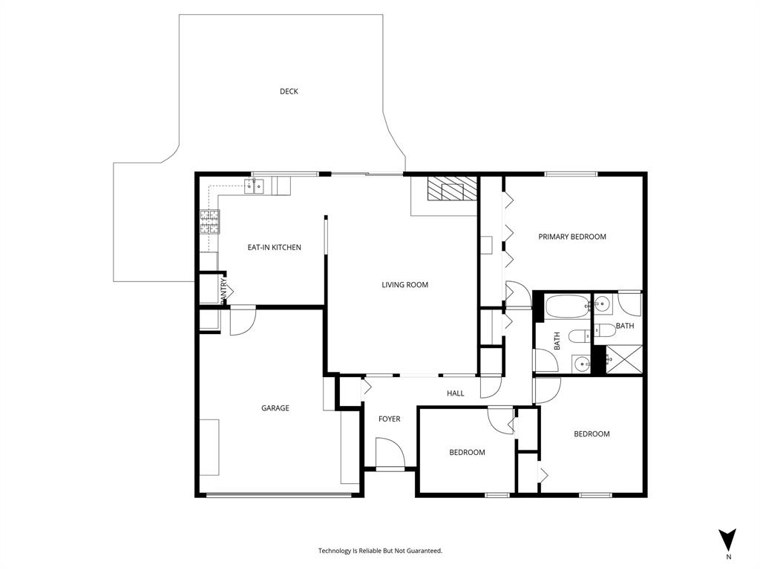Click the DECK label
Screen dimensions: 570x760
[x=289, y=91]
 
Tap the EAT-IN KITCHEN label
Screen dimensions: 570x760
[x=274, y=247]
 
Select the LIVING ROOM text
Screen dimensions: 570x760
[x=404, y=285]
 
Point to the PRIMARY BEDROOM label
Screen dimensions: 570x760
[x=571, y=237]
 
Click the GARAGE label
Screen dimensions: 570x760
[x=275, y=408]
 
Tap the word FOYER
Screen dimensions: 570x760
[x=389, y=419]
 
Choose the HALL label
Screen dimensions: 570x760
[x=455, y=393]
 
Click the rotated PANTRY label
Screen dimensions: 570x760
[x=223, y=289]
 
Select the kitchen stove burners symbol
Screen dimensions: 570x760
[x=209, y=222]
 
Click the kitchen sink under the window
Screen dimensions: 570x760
[x=255, y=186]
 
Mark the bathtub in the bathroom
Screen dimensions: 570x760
[x=566, y=307]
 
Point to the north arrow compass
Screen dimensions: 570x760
[x=728, y=540]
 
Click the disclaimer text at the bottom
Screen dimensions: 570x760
[x=380, y=551]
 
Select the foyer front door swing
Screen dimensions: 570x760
[x=388, y=453]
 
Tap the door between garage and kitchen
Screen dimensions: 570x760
[x=242, y=320]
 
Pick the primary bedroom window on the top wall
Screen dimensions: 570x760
[x=571, y=174]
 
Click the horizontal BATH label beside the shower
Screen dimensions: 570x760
[x=624, y=326]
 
